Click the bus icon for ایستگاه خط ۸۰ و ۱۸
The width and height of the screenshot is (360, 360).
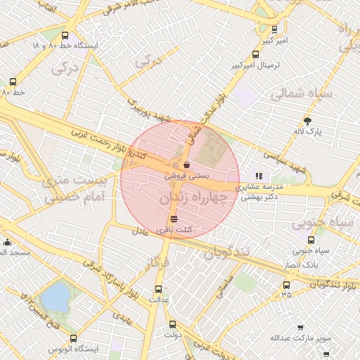[x=65, y=35]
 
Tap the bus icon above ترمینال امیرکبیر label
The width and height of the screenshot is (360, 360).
[x=274, y=30]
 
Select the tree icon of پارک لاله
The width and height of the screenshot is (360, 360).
[x=307, y=121]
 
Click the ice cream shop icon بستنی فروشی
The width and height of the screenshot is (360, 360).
[x=186, y=166]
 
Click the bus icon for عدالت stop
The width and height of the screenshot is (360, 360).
[x=157, y=288]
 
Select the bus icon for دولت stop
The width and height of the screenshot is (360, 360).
[x=173, y=324]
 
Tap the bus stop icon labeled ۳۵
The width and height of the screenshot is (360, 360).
[x=286, y=285]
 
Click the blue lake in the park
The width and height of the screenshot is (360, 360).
[x=55, y=297]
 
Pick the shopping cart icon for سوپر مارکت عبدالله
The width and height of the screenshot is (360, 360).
[x=300, y=328]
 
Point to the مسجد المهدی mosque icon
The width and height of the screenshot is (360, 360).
[x=7, y=242]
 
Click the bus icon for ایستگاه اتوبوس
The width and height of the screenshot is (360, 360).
[x=74, y=338]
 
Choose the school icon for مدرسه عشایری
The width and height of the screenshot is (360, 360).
[x=259, y=176]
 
